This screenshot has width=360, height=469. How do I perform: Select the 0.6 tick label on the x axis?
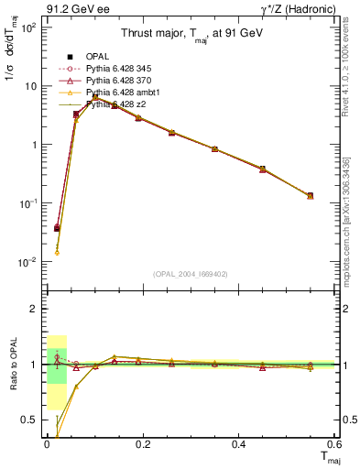(x=334, y=444)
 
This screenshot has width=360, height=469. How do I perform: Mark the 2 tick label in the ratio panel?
(x=35, y=310)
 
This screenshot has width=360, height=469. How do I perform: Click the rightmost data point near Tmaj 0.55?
(x=310, y=195)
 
